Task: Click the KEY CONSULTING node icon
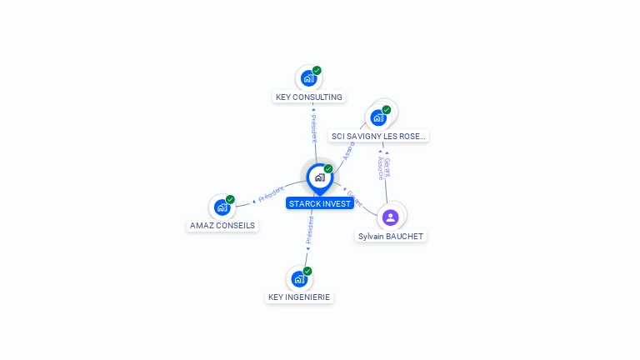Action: click(308, 79)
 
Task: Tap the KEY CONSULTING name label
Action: click(309, 97)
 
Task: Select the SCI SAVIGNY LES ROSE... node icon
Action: click(378, 117)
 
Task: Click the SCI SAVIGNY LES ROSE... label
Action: click(379, 136)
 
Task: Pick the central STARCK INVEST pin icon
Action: click(319, 177)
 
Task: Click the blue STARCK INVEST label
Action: click(320, 203)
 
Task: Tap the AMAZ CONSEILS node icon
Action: click(222, 207)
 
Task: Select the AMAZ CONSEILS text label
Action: click(222, 226)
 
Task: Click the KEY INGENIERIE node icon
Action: click(298, 279)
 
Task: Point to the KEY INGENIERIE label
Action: click(299, 297)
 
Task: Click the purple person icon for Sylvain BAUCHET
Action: click(391, 217)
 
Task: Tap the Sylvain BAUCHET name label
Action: click(391, 237)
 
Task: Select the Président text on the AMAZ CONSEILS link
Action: click(272, 194)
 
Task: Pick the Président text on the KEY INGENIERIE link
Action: click(310, 228)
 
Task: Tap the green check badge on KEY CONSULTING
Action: click(317, 71)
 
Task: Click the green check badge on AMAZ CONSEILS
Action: click(230, 199)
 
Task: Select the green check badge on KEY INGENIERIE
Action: click(307, 271)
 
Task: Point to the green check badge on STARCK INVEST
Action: click(328, 169)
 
